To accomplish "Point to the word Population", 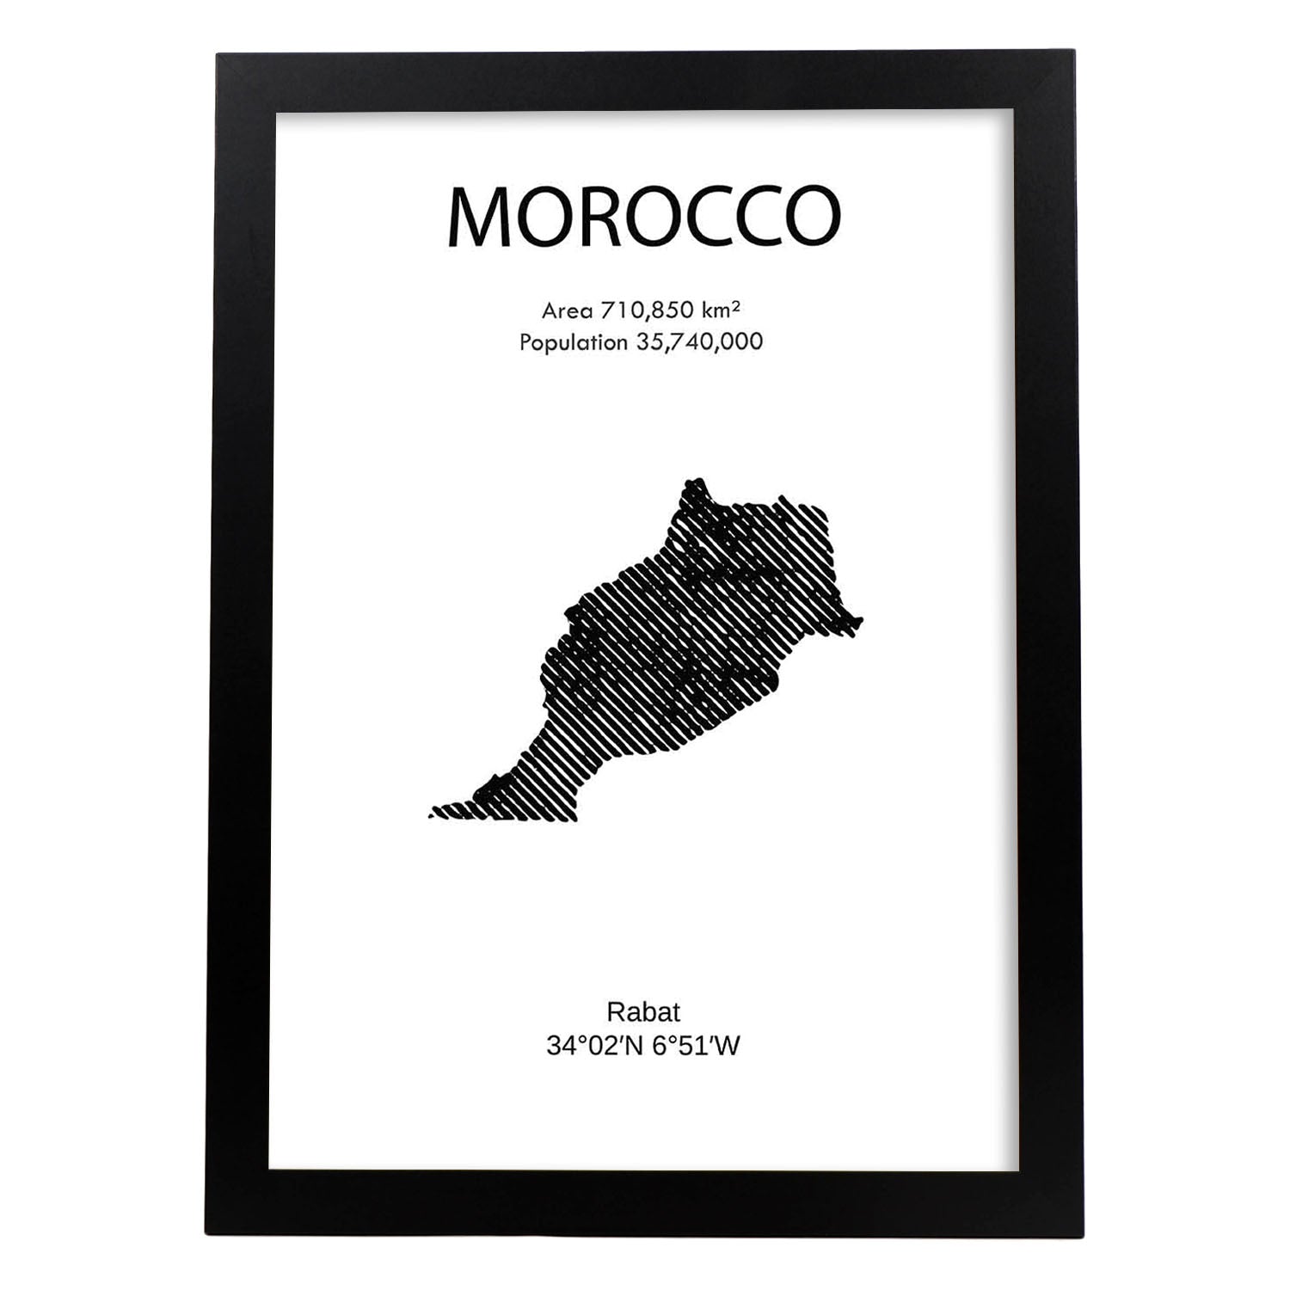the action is (x=574, y=342).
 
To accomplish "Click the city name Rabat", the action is (x=643, y=1010).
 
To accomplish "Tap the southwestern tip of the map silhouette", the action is (x=433, y=811).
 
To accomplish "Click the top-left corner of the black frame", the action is (x=217, y=54).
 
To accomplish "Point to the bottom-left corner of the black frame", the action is (x=205, y=1235).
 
